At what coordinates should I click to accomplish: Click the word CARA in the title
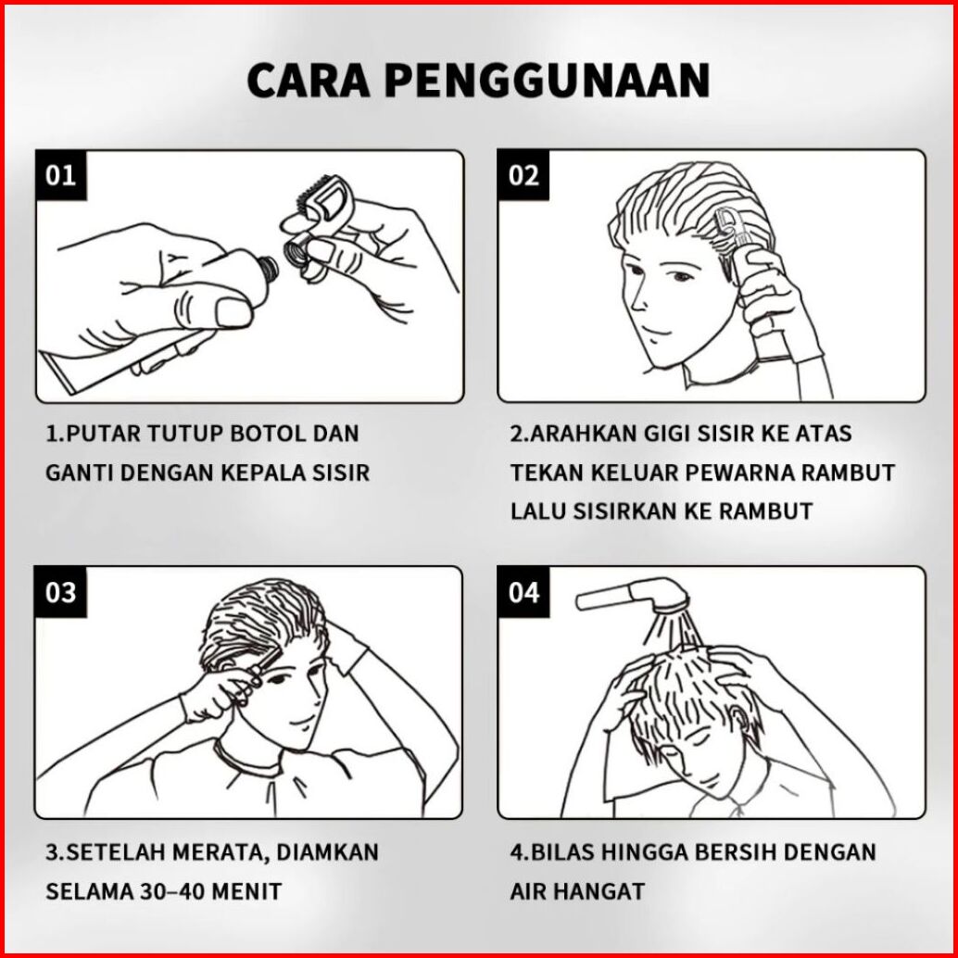click(x=309, y=80)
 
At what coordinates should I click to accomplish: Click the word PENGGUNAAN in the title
click(x=548, y=80)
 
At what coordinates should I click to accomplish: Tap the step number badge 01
click(x=60, y=175)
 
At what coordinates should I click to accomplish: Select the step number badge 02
click(x=523, y=175)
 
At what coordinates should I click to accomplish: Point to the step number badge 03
click(x=60, y=592)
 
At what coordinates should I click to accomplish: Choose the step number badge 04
click(x=523, y=592)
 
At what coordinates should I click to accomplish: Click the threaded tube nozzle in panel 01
click(x=267, y=269)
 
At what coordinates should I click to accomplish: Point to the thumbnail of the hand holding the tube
click(x=234, y=311)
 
